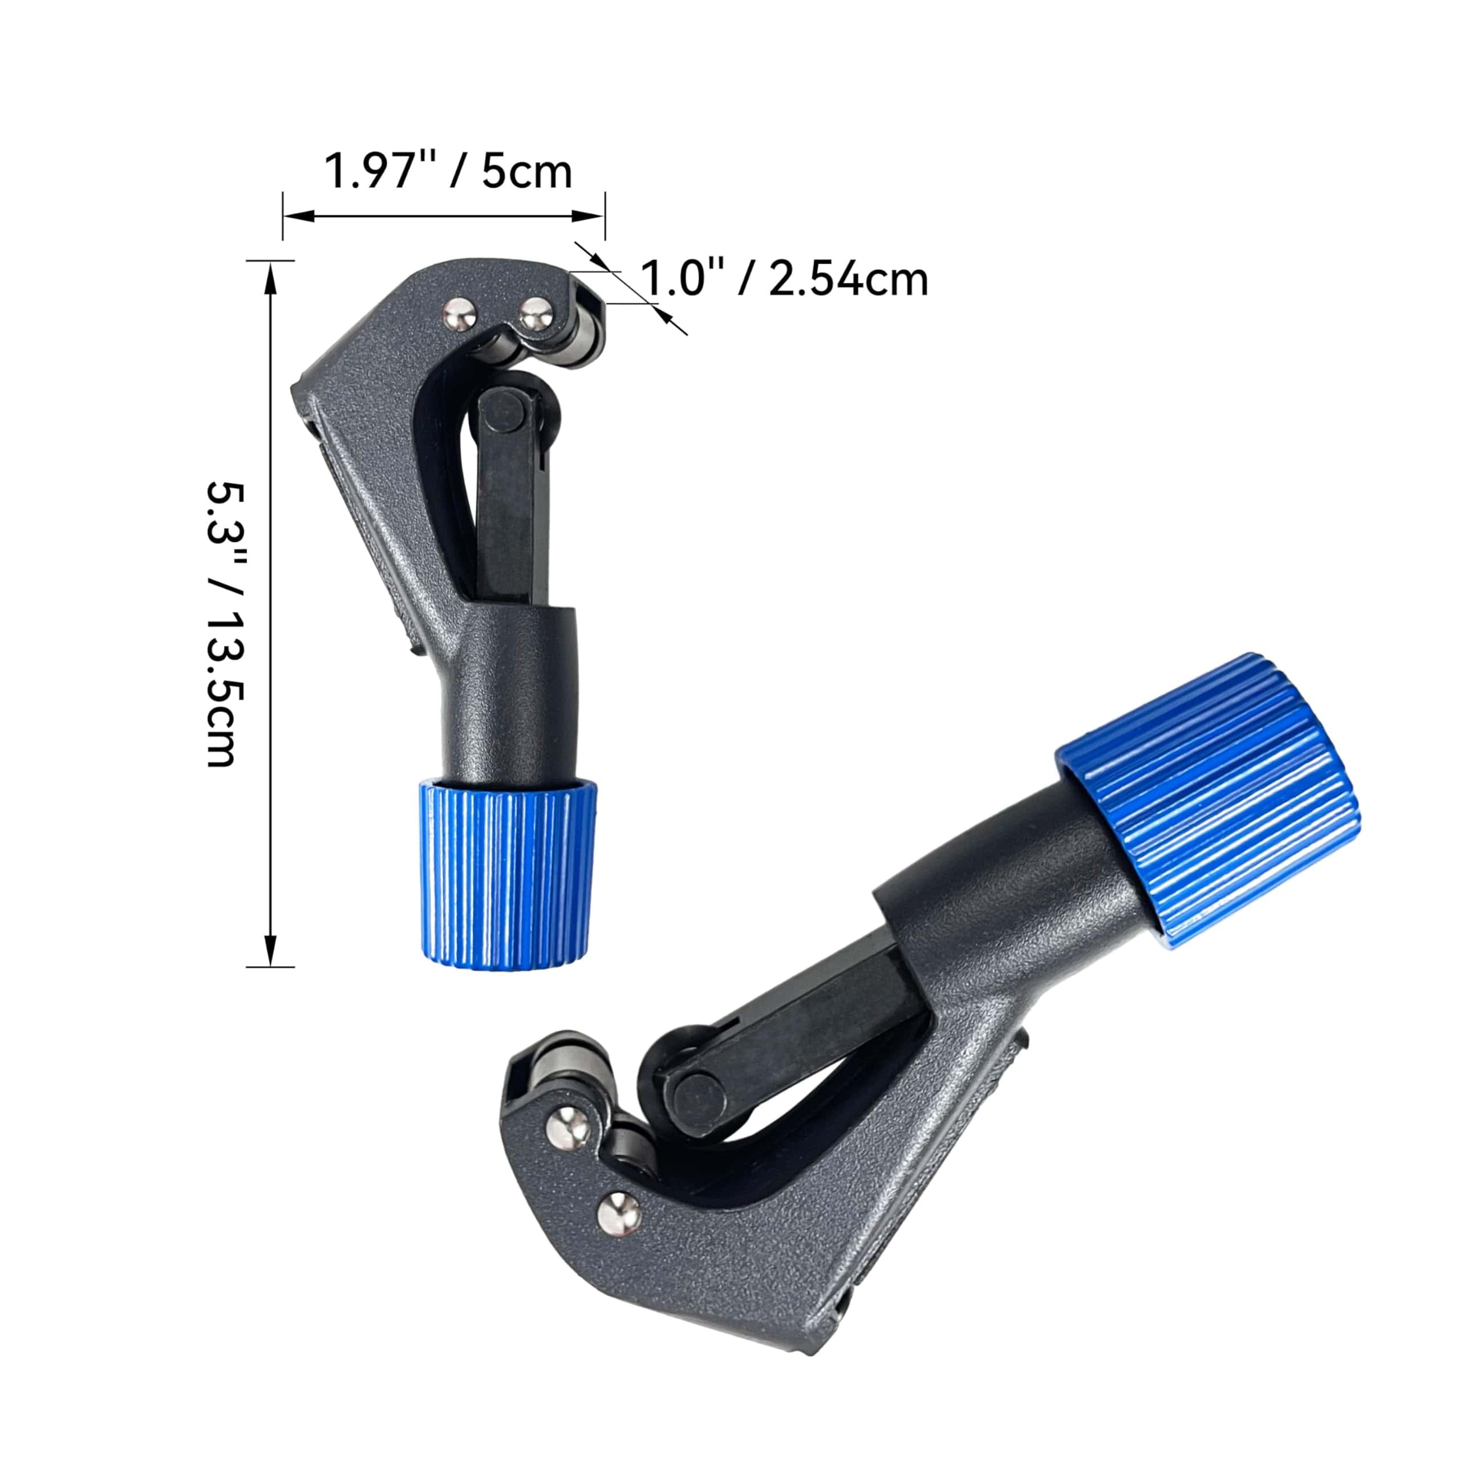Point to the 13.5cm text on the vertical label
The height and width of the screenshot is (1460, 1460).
(x=225, y=697)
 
